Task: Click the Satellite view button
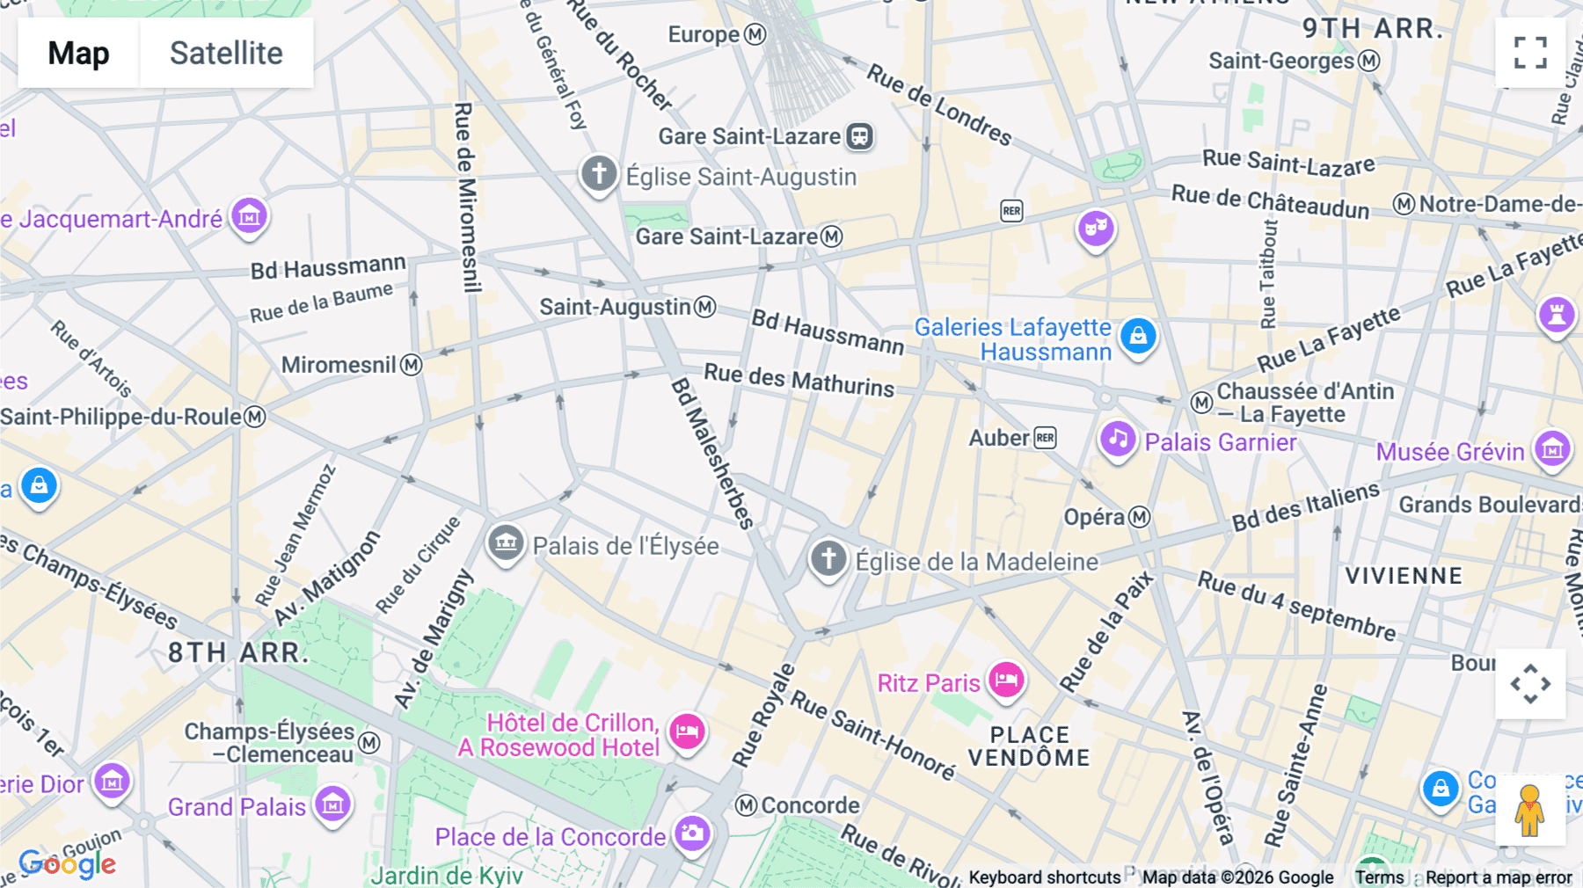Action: tap(226, 53)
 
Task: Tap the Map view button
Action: tap(78, 53)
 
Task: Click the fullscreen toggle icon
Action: tap(1530, 53)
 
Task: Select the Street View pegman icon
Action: tap(1530, 810)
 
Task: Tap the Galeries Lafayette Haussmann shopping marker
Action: tap(1138, 336)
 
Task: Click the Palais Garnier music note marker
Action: tap(1118, 438)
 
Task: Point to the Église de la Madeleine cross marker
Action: tap(828, 557)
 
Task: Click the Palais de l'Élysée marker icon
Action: tap(506, 542)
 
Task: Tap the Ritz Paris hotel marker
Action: tap(1006, 680)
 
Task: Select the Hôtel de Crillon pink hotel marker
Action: tap(687, 731)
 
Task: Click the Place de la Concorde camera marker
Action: tap(692, 832)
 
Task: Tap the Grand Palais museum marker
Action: tap(332, 803)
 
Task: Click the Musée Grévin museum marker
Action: tap(1552, 449)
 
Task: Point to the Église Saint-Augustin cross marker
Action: tap(599, 172)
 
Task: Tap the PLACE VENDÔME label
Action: tap(1029, 746)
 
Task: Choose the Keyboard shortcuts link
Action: tap(1044, 877)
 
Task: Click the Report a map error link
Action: tap(1499, 877)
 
